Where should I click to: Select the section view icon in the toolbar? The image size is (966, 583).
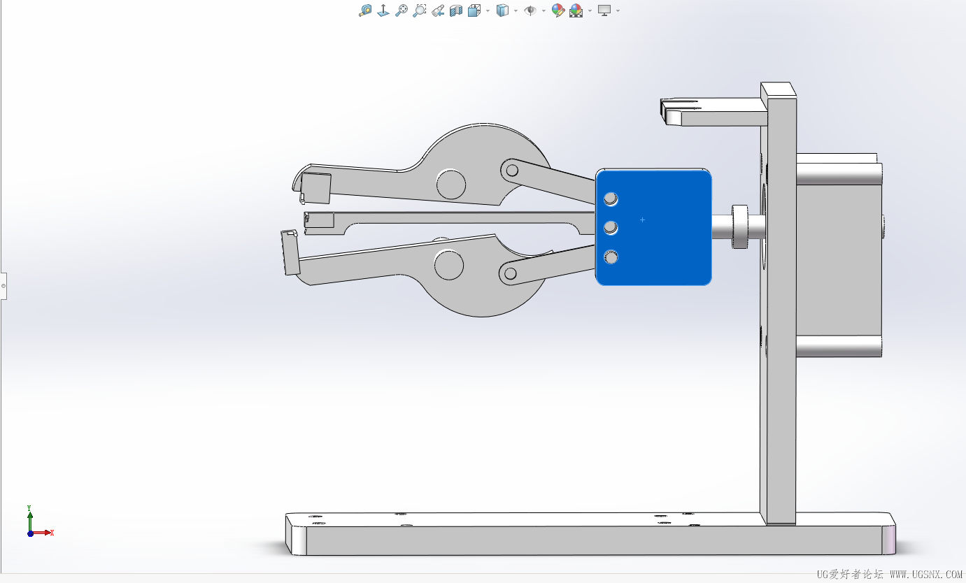tap(456, 10)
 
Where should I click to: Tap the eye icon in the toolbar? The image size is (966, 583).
tap(530, 10)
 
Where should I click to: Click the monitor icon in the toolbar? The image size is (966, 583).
tap(604, 10)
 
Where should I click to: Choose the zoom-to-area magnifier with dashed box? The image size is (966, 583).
tap(419, 10)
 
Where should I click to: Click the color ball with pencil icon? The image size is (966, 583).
tap(557, 10)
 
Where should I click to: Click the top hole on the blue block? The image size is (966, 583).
tap(611, 199)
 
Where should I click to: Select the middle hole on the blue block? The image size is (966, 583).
tap(611, 227)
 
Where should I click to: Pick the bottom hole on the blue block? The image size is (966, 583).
tap(611, 257)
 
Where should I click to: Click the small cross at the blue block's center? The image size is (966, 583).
tap(642, 219)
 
